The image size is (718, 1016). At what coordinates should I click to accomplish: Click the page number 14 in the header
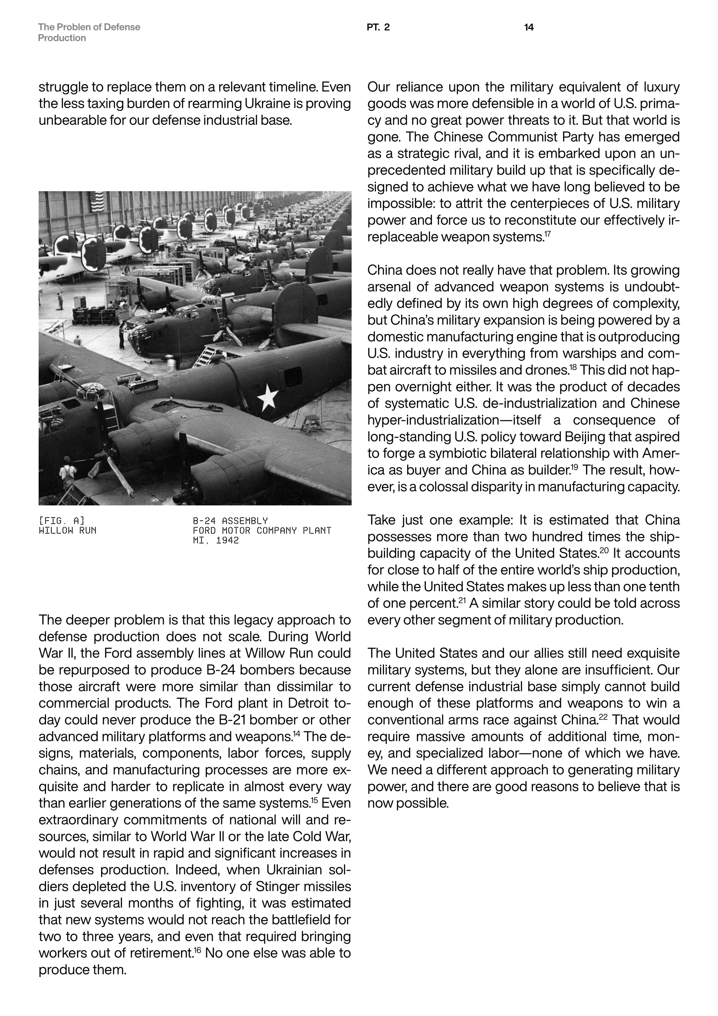(528, 27)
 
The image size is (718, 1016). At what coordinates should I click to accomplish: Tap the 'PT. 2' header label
(378, 27)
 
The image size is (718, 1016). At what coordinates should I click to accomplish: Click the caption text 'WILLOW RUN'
(67, 530)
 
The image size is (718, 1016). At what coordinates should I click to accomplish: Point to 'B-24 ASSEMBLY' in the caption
(230, 521)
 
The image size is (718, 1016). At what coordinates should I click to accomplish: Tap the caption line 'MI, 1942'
(216, 540)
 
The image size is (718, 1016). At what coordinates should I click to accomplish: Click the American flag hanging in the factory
(96, 202)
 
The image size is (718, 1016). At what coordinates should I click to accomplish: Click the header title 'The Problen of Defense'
(89, 27)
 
